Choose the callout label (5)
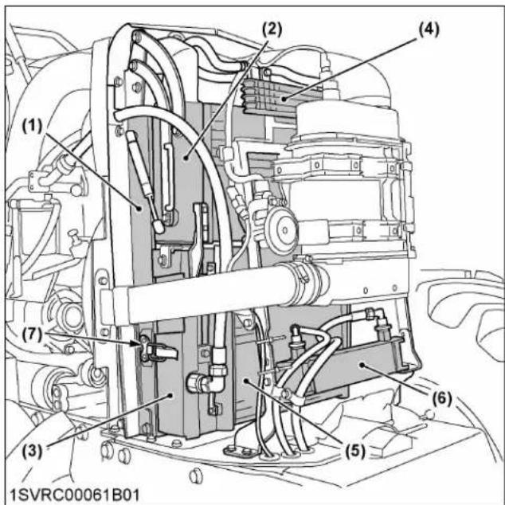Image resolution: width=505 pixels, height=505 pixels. coord(350,448)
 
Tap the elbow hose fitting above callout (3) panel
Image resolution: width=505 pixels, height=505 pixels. coord(200,382)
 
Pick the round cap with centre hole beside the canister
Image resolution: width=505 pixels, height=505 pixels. coord(277,231)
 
